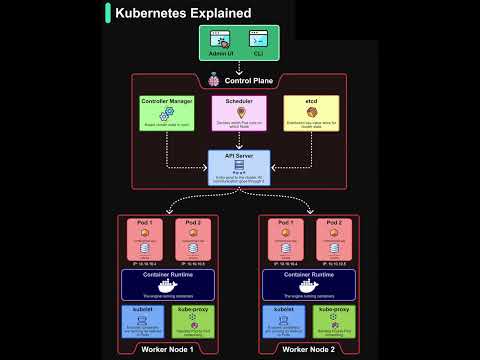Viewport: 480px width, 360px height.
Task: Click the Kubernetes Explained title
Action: coord(182,14)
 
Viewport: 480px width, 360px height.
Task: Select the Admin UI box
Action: coord(221,42)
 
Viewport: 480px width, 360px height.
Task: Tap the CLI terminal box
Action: coord(258,42)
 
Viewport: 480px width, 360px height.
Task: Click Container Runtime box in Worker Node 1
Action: coord(169,284)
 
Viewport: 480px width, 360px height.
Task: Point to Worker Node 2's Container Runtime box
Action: coord(310,284)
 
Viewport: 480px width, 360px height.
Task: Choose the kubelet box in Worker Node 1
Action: coord(145,322)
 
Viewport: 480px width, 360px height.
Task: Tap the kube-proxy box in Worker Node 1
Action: coord(193,322)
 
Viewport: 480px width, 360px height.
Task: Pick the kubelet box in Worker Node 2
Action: coord(286,322)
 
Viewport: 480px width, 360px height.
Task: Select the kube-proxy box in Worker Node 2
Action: coord(334,322)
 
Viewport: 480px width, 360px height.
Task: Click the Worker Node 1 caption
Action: coord(169,349)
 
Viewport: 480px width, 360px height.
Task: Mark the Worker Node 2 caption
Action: coord(310,349)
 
